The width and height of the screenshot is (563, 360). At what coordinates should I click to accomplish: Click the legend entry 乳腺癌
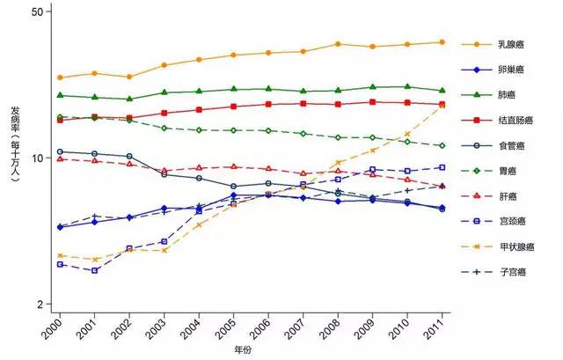(511, 43)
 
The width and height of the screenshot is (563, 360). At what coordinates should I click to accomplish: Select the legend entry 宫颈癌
(511, 221)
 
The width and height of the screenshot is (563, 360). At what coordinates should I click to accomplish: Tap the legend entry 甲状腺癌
(515, 246)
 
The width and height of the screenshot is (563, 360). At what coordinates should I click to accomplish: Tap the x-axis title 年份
(243, 350)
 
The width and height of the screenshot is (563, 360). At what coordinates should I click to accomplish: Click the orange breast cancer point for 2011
(442, 41)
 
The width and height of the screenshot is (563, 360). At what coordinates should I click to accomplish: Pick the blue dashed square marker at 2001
(94, 270)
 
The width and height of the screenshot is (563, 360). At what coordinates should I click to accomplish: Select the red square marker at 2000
(60, 120)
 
